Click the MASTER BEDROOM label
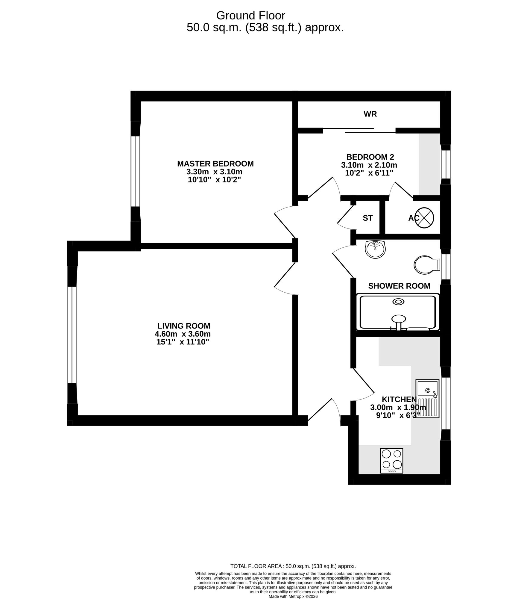tap(215, 164)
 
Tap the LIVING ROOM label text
tap(184, 326)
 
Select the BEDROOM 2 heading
tap(370, 157)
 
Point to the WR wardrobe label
tap(370, 114)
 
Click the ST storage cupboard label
tap(367, 218)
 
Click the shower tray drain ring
tap(398, 302)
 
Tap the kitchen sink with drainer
tap(427, 398)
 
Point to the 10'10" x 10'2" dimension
tap(214, 180)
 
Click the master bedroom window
tap(135, 171)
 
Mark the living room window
tap(72, 335)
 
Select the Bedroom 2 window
tap(446, 164)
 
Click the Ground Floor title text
tap(250, 15)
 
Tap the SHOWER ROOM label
tap(399, 286)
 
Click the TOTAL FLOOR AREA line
tap(293, 566)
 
